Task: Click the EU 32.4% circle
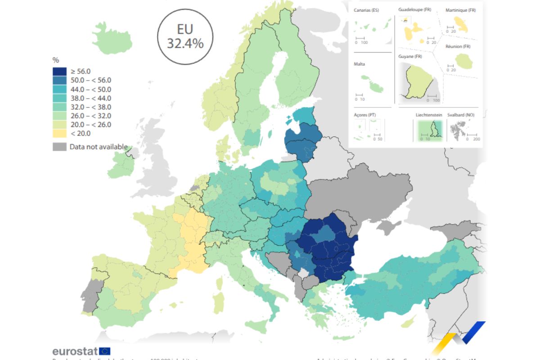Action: (x=185, y=36)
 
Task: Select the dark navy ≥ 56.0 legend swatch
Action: (x=59, y=71)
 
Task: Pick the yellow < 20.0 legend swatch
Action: (x=59, y=133)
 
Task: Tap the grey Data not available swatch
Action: (x=59, y=147)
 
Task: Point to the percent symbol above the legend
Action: (x=56, y=60)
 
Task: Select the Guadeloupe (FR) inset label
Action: (x=414, y=9)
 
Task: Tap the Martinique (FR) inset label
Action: (x=460, y=10)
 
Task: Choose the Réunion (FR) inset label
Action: (x=458, y=46)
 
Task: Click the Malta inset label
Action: (x=360, y=64)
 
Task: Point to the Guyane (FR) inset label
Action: (x=410, y=56)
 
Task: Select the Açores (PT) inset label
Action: (x=365, y=115)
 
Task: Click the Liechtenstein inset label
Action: (x=428, y=115)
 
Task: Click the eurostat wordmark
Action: (x=75, y=351)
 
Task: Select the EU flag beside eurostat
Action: (x=105, y=351)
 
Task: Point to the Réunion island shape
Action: (x=463, y=61)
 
